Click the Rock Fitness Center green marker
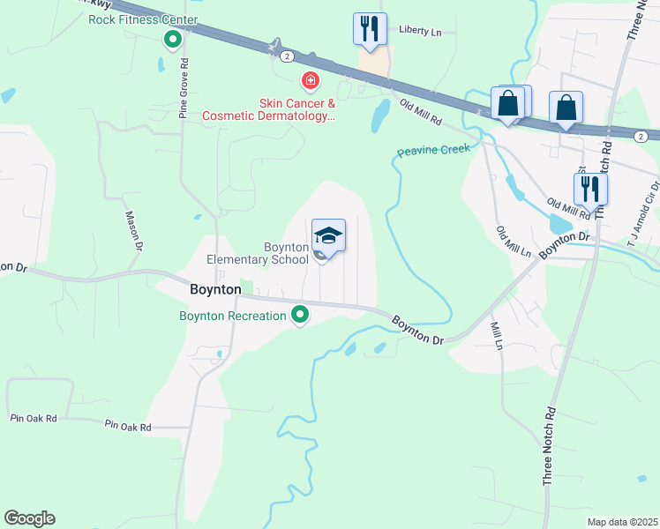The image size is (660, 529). click(x=173, y=39)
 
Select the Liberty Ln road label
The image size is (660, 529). click(x=420, y=30)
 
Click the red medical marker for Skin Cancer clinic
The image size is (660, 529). click(x=310, y=82)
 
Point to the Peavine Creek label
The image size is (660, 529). click(x=433, y=151)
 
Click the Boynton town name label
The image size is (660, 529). click(x=216, y=288)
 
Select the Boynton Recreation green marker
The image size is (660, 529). click(x=301, y=314)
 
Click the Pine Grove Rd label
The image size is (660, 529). click(x=184, y=88)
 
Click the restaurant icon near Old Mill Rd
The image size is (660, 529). click(x=589, y=188)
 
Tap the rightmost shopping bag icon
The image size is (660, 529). click(x=566, y=108)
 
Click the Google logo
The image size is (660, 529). click(x=29, y=518)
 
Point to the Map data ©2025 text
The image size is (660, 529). click(x=622, y=522)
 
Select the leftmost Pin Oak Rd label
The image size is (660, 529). click(x=33, y=418)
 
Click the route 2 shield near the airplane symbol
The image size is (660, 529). click(x=288, y=56)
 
